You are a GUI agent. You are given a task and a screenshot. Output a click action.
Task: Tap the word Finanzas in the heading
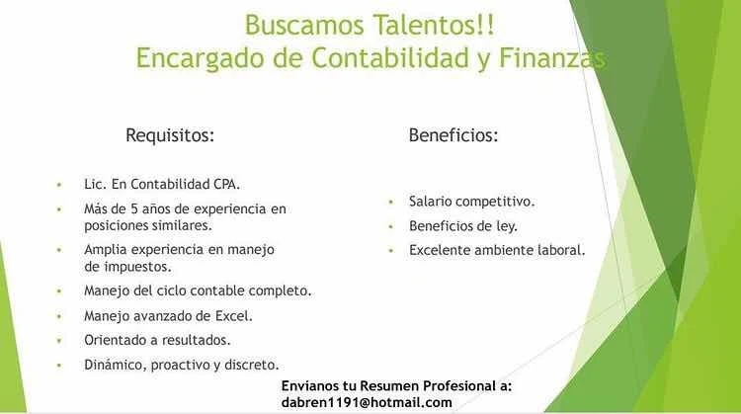tap(551, 57)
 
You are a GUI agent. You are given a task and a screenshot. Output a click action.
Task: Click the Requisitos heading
tap(170, 135)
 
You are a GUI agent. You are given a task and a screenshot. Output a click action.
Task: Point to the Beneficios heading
tap(453, 135)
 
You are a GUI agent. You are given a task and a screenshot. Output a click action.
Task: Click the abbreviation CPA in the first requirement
tap(226, 184)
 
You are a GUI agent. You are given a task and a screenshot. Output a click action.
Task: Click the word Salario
tap(429, 202)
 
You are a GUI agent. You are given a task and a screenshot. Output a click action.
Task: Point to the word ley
tap(507, 226)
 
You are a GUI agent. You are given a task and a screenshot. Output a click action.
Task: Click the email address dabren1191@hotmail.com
tap(367, 403)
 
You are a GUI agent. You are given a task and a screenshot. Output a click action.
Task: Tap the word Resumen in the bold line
tap(389, 385)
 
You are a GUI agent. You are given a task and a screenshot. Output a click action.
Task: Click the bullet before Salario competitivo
tap(391, 202)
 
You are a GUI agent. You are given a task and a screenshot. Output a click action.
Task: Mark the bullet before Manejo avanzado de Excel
tap(59, 316)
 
